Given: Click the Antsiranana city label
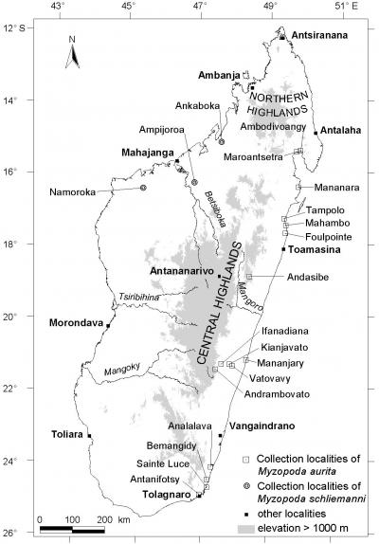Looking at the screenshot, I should coord(320,35).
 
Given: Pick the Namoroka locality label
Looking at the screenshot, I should coord(73,192).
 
